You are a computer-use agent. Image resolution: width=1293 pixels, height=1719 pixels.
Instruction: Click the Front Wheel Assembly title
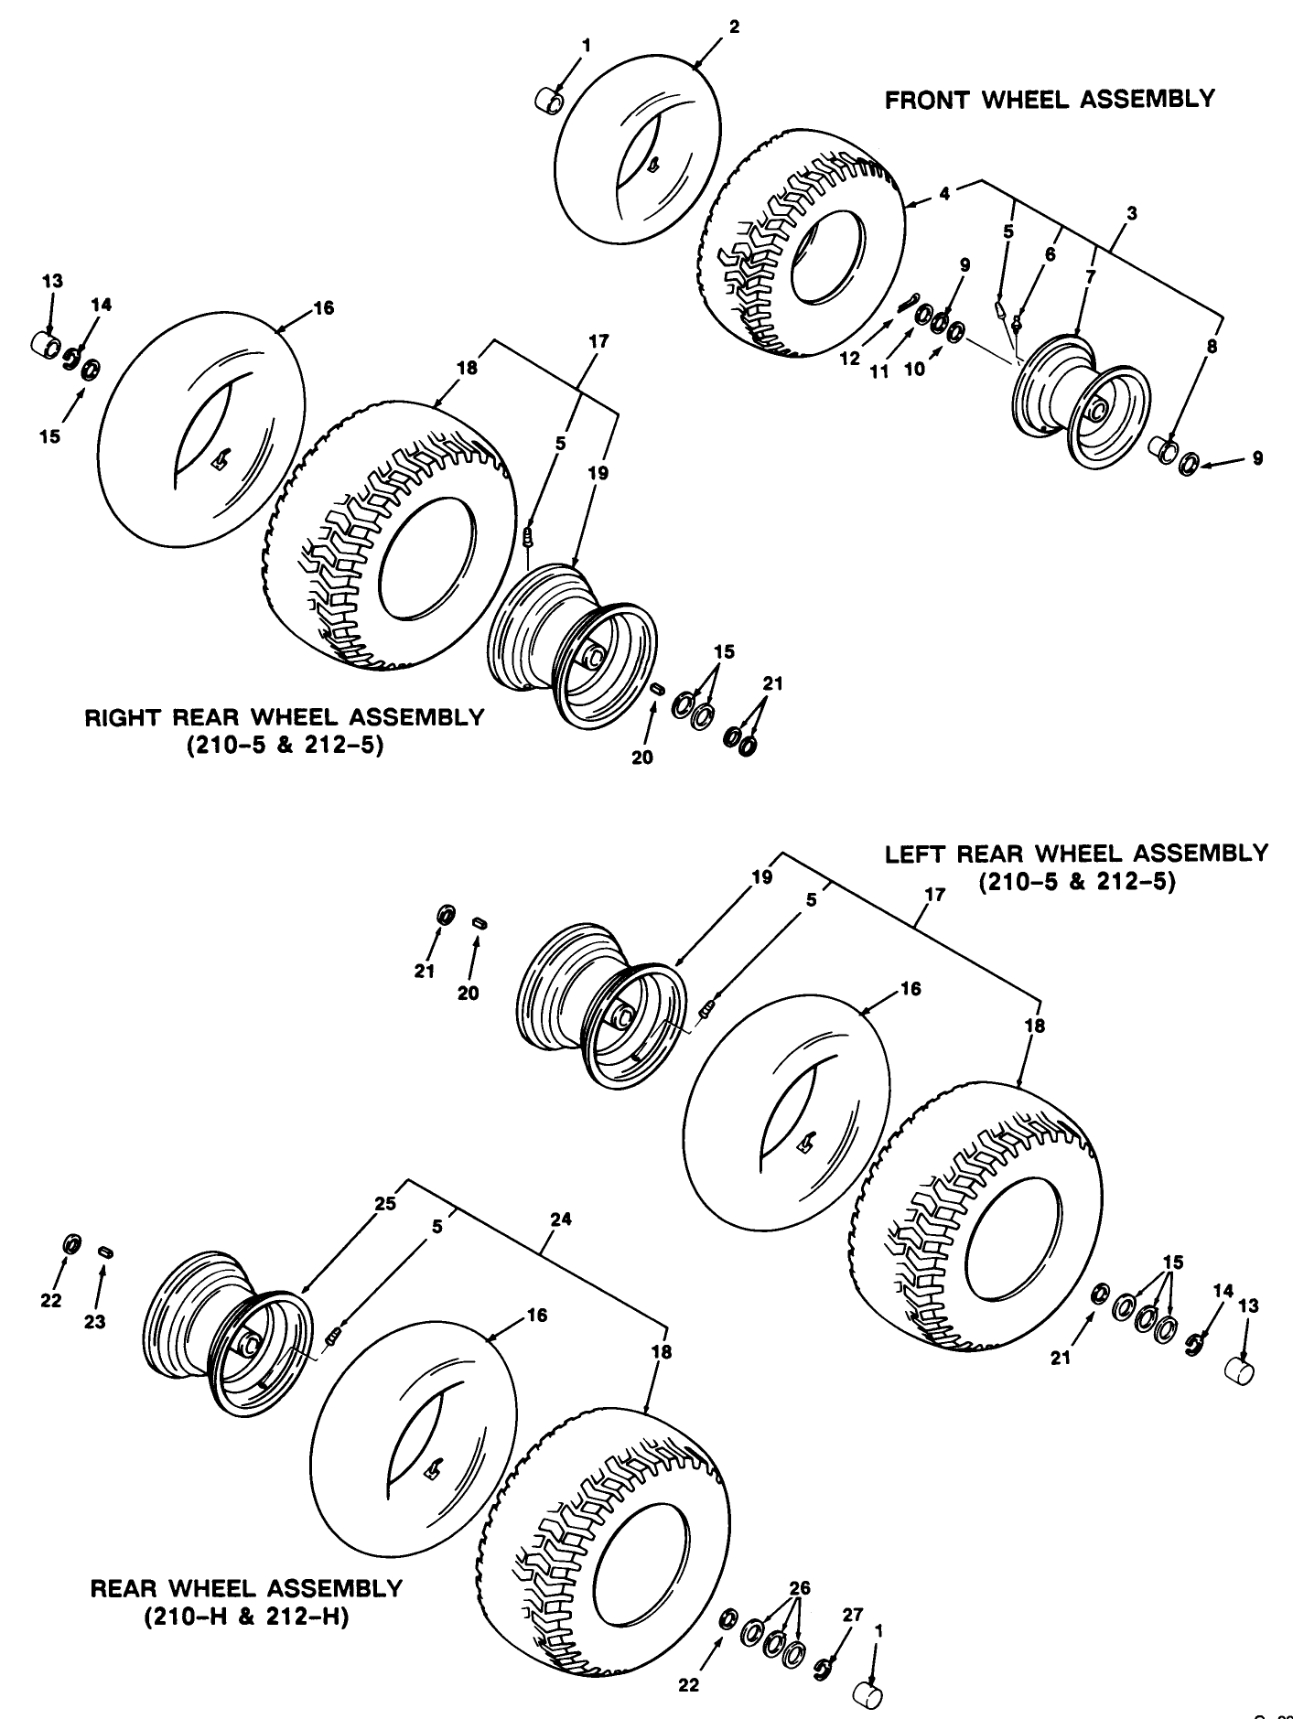1050,99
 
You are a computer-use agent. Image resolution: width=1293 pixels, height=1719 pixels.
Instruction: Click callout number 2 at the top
734,27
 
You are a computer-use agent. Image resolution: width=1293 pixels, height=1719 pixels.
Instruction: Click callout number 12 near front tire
850,359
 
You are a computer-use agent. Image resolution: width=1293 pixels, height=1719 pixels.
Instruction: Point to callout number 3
1132,214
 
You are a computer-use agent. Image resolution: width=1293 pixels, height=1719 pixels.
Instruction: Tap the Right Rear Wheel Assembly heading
284,717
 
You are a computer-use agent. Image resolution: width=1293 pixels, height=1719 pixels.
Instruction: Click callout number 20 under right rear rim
642,757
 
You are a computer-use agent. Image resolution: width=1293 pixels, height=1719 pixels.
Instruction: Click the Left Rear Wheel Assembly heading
1076,854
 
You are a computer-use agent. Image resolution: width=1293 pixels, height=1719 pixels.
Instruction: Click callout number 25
385,1203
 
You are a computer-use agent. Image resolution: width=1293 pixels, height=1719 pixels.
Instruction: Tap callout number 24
561,1219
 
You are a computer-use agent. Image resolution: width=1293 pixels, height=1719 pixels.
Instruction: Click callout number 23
95,1321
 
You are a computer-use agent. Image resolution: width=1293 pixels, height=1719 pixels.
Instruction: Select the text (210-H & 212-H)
246,1617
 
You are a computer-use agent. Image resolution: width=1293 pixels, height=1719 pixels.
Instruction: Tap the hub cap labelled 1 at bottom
867,1694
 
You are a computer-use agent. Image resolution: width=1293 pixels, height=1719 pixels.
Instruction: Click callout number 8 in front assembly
1212,347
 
